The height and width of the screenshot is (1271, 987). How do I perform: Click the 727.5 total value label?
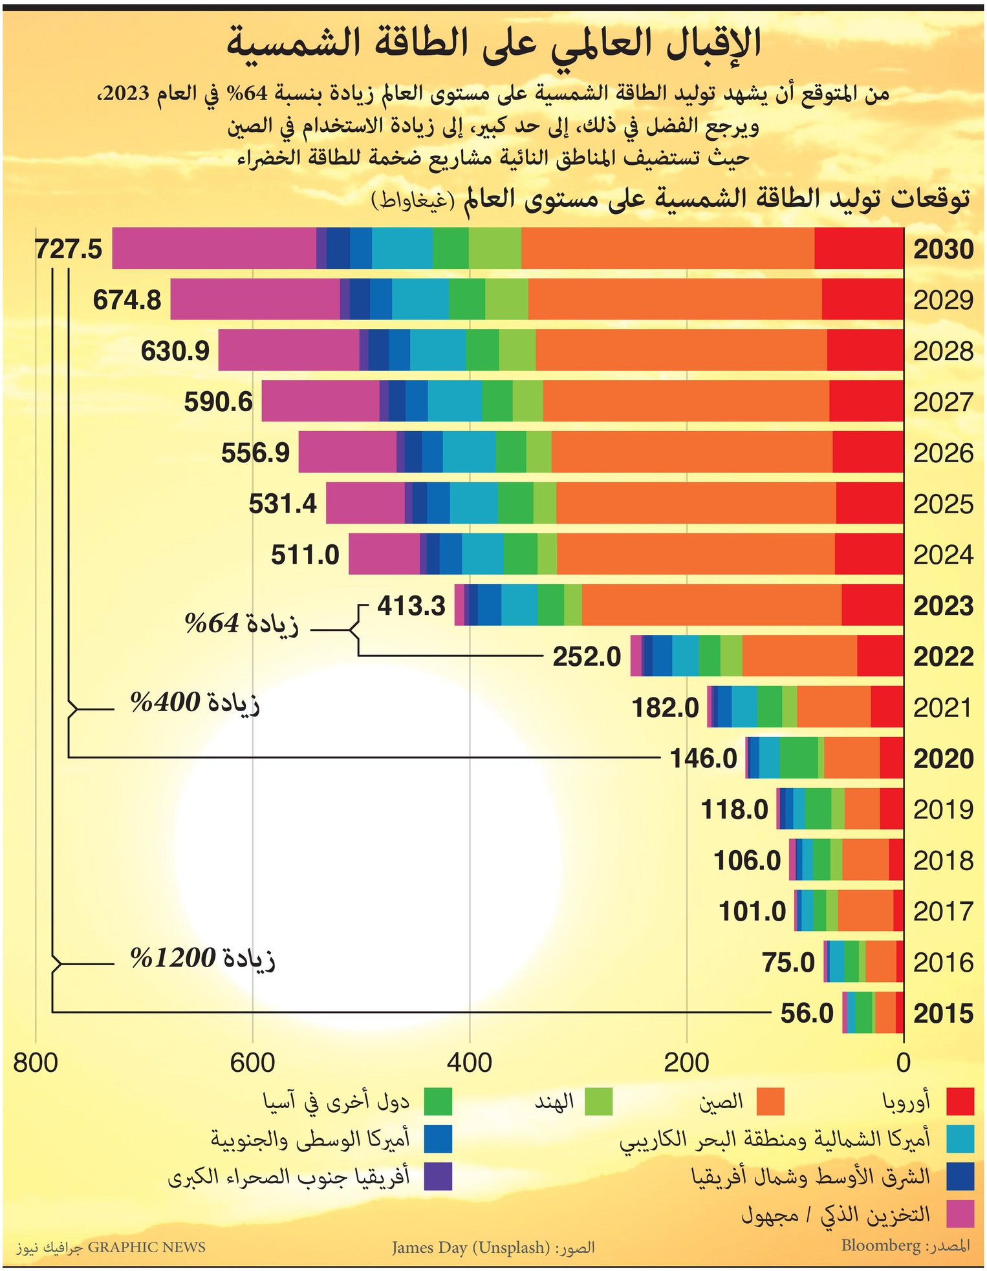click(69, 249)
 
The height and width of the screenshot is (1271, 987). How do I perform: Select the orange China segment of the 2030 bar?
click(667, 248)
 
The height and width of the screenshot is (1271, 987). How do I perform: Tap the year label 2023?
click(943, 606)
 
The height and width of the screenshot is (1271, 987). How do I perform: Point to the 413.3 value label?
click(411, 606)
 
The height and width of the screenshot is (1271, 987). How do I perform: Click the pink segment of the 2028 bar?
click(288, 350)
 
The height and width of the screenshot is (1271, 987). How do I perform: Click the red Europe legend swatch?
click(960, 1102)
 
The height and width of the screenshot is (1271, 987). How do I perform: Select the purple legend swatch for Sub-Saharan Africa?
click(438, 1176)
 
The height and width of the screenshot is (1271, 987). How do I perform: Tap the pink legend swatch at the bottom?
click(960, 1213)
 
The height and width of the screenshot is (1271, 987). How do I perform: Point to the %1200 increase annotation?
click(202, 958)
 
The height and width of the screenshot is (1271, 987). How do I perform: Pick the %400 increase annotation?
click(195, 702)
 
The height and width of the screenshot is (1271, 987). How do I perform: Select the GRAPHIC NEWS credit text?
click(146, 1246)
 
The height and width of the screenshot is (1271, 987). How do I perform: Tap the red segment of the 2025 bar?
click(869, 503)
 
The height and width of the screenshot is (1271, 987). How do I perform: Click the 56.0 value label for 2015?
click(807, 1013)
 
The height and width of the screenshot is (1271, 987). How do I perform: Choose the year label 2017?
click(943, 912)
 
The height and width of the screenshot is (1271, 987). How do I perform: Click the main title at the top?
click(493, 43)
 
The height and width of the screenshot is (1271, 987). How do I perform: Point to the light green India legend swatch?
click(598, 1102)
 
